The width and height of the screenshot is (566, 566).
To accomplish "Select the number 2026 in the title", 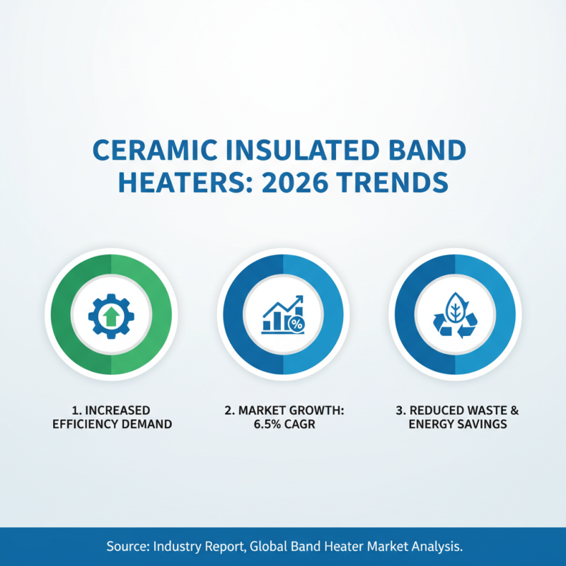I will click(x=302, y=183).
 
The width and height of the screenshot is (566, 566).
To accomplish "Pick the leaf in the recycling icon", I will click(x=455, y=308).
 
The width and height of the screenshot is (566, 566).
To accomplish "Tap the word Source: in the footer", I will click(x=129, y=547).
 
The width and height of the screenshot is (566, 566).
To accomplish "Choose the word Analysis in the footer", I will click(x=437, y=547).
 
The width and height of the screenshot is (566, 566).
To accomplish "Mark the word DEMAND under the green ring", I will click(x=145, y=424).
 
